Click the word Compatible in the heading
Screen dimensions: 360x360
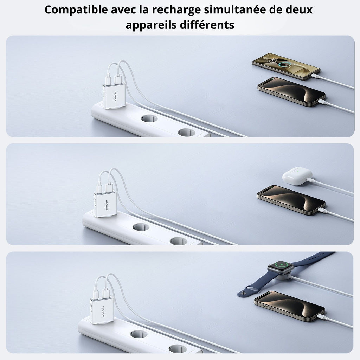point(76,10)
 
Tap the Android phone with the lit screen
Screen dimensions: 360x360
point(286,66)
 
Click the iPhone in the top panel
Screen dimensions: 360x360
point(291,92)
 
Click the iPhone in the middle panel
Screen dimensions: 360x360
point(291,200)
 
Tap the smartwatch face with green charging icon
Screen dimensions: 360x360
point(281,267)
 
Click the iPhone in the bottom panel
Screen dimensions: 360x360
point(290,306)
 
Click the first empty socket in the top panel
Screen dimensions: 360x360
point(149,118)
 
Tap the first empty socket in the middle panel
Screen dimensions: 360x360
point(141,227)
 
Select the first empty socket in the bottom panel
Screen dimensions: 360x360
point(139,334)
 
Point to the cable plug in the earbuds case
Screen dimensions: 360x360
point(310,180)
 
